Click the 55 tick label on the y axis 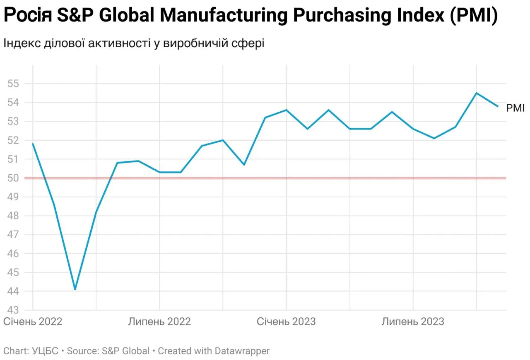coord(14,84)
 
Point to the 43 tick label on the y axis coord(14,310)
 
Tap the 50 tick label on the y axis coord(14,178)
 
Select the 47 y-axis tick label coord(14,235)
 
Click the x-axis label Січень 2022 coord(33,322)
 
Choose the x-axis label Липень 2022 coord(159,322)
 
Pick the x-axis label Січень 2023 coord(286,322)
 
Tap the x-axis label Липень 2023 coord(413,322)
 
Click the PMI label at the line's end coord(516,108)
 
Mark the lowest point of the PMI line coord(75,289)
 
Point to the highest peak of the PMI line coord(476,93)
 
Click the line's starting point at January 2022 coord(33,144)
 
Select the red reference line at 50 coord(265,178)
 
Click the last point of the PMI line coord(497,106)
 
